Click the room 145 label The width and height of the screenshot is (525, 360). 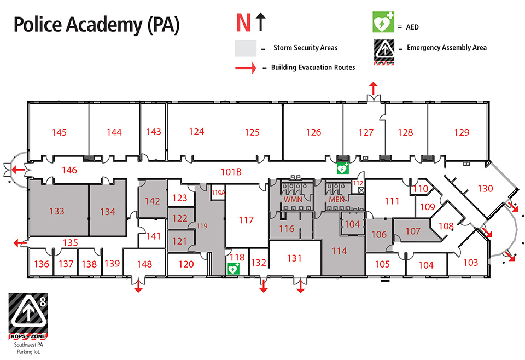click(59, 132)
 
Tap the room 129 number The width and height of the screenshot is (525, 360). click(462, 132)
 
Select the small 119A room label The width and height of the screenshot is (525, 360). click(218, 193)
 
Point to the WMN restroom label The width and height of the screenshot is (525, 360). click(293, 200)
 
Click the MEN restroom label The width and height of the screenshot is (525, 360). click(336, 200)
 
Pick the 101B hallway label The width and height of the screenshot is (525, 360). click(231, 172)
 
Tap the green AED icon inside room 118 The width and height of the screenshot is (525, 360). click(234, 269)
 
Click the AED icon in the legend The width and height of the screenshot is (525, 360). click(383, 22)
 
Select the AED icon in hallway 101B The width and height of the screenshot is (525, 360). click(343, 169)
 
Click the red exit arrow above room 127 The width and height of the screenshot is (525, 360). click(374, 89)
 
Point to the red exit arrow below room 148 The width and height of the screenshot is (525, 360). click(138, 286)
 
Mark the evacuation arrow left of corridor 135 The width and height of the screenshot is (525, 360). click(20, 243)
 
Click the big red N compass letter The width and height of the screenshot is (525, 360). click(243, 23)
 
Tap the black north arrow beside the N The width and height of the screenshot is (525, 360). click(261, 22)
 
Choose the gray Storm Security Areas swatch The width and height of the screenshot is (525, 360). click(246, 48)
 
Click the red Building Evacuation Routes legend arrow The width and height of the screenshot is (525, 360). click(246, 68)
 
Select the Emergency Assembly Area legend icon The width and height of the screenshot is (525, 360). click(384, 52)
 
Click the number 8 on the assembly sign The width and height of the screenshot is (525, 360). click(43, 302)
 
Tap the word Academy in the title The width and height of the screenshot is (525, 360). click(104, 25)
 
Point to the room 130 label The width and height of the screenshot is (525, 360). click(486, 189)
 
